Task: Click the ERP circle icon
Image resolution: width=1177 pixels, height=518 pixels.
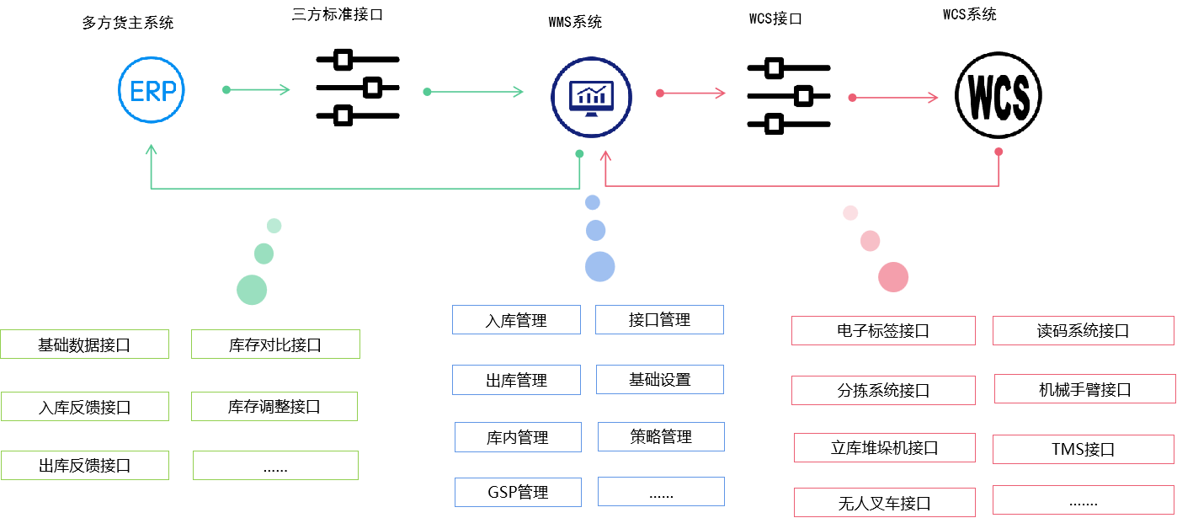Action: (x=152, y=90)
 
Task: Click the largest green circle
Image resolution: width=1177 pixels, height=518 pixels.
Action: (x=252, y=290)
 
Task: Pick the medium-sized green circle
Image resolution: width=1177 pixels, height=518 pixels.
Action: (x=264, y=254)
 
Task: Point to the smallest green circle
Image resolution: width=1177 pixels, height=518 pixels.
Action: (x=274, y=226)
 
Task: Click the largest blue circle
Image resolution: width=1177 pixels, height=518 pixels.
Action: (x=599, y=266)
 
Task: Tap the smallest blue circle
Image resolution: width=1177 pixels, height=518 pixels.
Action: (x=593, y=202)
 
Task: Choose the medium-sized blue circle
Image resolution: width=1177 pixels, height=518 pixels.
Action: (x=595, y=230)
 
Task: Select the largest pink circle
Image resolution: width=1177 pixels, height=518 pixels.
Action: (x=893, y=277)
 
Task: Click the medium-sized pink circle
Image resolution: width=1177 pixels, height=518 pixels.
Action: (x=870, y=241)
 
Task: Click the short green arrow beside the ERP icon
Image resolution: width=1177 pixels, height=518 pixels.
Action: (x=258, y=89)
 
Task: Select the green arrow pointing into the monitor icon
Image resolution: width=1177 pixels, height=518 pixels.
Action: (x=476, y=92)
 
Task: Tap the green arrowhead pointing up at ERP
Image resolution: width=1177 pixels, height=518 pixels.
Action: (x=152, y=149)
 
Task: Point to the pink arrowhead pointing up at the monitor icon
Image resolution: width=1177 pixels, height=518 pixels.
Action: (x=604, y=156)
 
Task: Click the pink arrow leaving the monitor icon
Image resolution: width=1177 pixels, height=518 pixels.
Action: (x=692, y=93)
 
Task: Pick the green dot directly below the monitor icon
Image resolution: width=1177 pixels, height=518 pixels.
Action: (x=579, y=154)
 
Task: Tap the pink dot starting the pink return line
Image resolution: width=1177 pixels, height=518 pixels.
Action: (x=999, y=152)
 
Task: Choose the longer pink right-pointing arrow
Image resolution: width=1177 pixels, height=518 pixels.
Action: (x=895, y=98)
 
